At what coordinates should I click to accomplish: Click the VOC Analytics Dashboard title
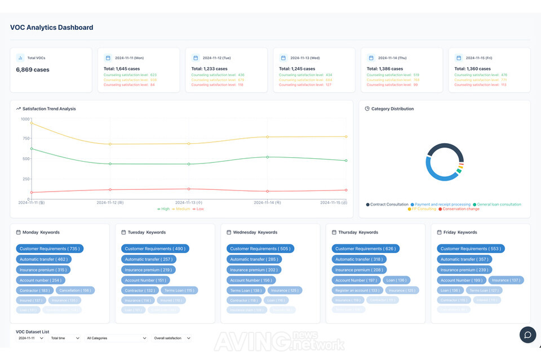(x=52, y=28)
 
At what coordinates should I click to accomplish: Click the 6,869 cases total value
(x=33, y=70)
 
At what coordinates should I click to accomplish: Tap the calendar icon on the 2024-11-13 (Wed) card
(x=283, y=57)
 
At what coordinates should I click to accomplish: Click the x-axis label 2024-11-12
(x=110, y=202)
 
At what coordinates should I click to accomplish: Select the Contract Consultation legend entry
(x=387, y=205)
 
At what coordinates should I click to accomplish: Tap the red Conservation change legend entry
(x=459, y=209)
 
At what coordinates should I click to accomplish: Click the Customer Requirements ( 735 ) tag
(x=50, y=248)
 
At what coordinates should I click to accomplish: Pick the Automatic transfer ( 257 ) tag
(x=149, y=259)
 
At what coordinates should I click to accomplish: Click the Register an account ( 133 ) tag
(x=357, y=291)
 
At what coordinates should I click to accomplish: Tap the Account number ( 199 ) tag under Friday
(x=462, y=280)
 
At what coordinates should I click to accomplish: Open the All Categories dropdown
(x=117, y=338)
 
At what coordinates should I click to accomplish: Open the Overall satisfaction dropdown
(x=172, y=338)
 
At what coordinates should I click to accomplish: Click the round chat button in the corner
(x=527, y=335)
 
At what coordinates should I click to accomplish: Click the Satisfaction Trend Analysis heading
(x=49, y=109)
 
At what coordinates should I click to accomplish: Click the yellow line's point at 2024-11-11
(x=32, y=123)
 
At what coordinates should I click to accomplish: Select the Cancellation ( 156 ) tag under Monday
(x=75, y=291)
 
